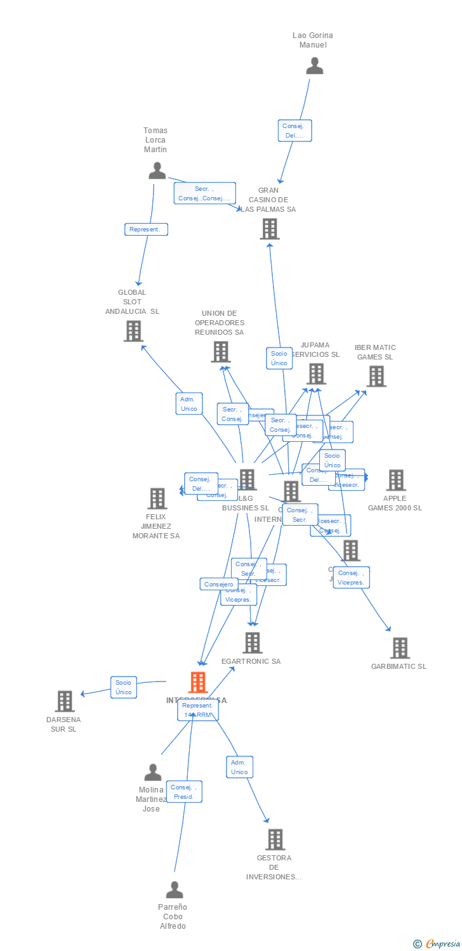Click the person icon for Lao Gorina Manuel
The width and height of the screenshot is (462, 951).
tap(314, 66)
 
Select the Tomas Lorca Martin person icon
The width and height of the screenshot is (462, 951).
tap(157, 171)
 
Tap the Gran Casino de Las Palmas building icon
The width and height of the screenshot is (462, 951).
tap(270, 229)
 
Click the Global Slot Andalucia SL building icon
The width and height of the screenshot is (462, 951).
tap(133, 331)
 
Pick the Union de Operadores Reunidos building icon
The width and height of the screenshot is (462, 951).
tap(220, 352)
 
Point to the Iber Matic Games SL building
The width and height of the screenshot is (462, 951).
tap(376, 377)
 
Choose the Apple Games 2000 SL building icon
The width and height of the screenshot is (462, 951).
tap(396, 481)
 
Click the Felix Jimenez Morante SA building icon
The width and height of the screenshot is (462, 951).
tap(157, 499)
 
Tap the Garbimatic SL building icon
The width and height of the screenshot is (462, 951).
tap(400, 649)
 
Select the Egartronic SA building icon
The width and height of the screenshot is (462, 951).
tap(253, 643)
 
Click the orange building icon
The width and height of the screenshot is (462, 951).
tap(198, 683)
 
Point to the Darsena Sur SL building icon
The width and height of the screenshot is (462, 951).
tap(65, 701)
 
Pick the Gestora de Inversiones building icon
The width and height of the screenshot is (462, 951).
tap(275, 839)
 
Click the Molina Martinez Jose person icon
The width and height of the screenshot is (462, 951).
tap(152, 772)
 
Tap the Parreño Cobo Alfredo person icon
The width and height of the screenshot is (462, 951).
tap(174, 890)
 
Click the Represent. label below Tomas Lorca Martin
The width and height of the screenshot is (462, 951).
tap(146, 230)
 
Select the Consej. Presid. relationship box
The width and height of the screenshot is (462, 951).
tap(184, 792)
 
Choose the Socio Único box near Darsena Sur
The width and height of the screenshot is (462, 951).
tap(124, 687)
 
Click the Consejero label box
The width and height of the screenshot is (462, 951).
tap(219, 585)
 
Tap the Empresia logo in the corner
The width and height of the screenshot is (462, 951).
tap(437, 944)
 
